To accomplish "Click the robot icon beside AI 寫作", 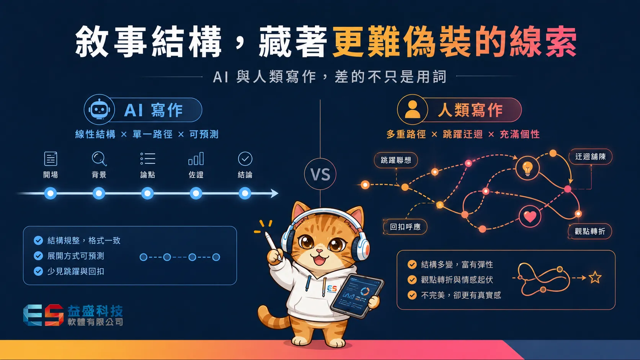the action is click(99, 109).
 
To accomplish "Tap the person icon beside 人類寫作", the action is click(413, 109).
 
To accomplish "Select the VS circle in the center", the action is click(320, 174).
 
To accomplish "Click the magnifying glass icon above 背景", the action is click(99, 159).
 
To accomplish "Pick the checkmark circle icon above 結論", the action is click(245, 159).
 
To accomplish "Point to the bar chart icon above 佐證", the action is click(196, 159).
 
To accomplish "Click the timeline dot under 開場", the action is click(50, 193).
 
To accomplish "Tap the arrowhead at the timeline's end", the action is click(274, 193).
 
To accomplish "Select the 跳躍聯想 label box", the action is click(396, 160).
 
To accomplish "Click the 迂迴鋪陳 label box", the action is click(590, 156).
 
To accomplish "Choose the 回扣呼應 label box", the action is click(405, 227).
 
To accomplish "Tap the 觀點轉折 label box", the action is click(590, 231).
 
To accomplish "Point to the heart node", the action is click(530, 217).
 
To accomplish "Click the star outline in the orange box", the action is click(595, 277).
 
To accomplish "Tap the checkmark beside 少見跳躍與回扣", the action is click(38, 271).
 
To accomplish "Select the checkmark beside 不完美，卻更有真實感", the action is click(412, 295).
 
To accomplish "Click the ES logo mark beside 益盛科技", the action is click(43, 315).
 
